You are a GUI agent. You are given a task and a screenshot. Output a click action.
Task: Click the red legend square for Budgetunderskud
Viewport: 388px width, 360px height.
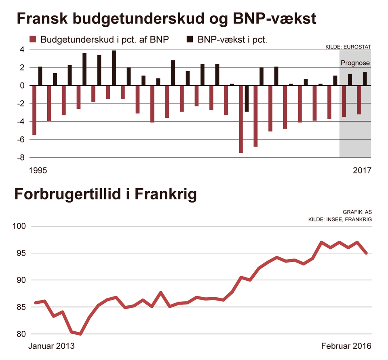(x=33, y=39)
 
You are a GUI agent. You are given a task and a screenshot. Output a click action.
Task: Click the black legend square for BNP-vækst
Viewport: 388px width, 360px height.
(x=189, y=39)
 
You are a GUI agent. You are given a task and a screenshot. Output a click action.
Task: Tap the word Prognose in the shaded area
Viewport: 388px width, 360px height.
(x=355, y=63)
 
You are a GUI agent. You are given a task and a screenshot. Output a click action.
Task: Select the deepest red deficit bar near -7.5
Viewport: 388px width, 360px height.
(x=241, y=119)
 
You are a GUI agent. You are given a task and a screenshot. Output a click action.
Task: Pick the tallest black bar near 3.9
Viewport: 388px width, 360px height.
(x=114, y=68)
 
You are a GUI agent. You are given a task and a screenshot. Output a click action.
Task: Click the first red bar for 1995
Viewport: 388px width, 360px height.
(x=34, y=110)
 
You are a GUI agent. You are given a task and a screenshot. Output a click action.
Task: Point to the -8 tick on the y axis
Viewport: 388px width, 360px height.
(x=20, y=157)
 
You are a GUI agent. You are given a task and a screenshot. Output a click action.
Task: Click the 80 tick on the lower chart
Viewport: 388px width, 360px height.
(x=21, y=334)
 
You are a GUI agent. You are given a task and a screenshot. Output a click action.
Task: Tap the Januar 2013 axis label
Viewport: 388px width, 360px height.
(x=52, y=346)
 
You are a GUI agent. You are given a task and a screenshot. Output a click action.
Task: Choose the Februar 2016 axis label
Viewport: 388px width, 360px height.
(x=346, y=346)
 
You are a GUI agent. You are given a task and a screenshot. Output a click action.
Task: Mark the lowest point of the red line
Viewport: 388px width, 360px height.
(x=80, y=334)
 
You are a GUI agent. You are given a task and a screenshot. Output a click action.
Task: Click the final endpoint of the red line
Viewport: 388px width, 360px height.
(x=366, y=253)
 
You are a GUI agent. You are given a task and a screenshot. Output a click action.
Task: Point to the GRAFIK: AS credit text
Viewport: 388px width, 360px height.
(x=357, y=212)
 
